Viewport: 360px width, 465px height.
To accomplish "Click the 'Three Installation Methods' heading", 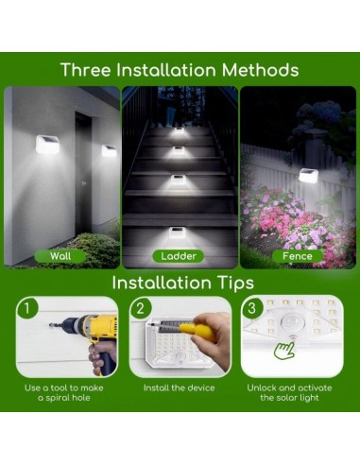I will pyautogui.click(x=180, y=70).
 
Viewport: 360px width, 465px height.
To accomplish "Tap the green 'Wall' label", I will pyautogui.click(x=60, y=255).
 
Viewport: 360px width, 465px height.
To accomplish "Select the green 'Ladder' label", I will pyautogui.click(x=179, y=255).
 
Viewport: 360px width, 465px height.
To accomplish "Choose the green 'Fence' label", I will pyautogui.click(x=298, y=255).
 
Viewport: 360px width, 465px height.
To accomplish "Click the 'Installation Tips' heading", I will pyautogui.click(x=180, y=283).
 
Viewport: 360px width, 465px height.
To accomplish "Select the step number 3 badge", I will pyautogui.click(x=250, y=307).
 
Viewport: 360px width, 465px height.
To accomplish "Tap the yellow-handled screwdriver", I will pyautogui.click(x=193, y=328).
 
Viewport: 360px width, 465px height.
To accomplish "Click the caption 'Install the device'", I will pyautogui.click(x=179, y=388).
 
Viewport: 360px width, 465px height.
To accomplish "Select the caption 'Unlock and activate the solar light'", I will pyautogui.click(x=295, y=393).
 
